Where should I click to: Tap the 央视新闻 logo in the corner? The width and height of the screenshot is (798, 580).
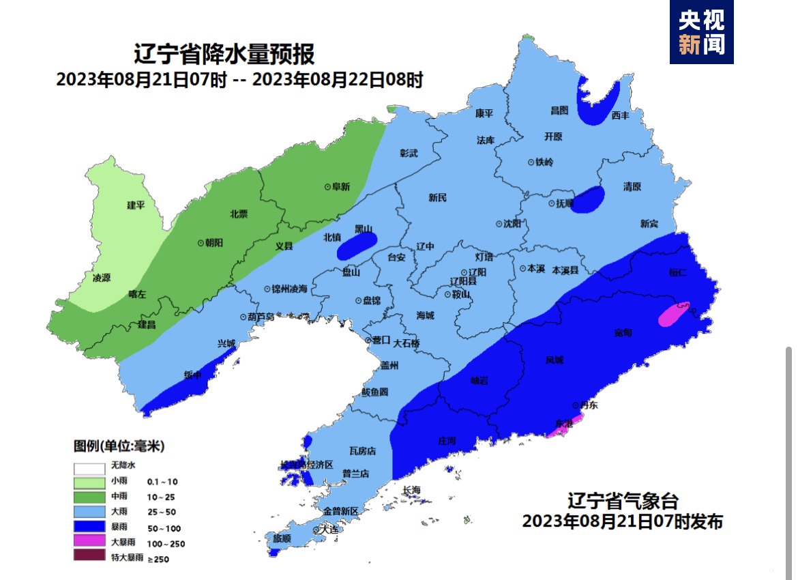coord(700,33)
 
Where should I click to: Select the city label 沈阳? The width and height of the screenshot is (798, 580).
coord(512,224)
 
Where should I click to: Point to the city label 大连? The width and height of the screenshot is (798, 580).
coord(330,530)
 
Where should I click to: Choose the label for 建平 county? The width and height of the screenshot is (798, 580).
coord(136,205)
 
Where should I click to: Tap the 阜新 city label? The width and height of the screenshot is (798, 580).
coord(340,186)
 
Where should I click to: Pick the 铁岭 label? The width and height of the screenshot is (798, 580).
coord(544,162)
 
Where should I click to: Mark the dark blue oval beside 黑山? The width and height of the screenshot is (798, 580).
coord(357,246)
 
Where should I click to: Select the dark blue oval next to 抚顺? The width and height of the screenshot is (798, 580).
coord(588,200)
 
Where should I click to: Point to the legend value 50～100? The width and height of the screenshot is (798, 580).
coord(165,528)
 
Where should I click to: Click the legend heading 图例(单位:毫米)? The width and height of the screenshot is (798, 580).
coord(119,447)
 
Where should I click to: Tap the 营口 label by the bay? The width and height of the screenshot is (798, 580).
coord(381,340)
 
